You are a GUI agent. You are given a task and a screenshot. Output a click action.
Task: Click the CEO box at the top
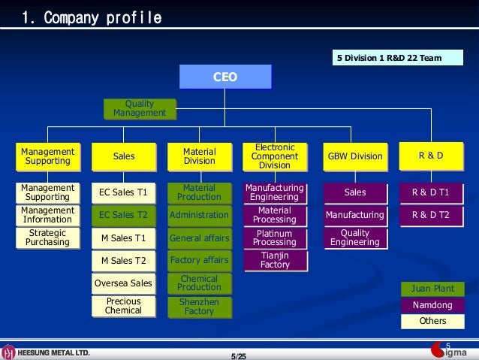tap(225, 77)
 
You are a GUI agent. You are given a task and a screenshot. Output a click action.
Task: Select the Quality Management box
tap(140, 109)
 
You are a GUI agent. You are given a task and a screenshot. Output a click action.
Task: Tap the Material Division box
tap(199, 156)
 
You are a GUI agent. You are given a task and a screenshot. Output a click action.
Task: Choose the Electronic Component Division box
tap(275, 156)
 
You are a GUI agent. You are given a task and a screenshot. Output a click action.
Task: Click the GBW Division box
tap(355, 156)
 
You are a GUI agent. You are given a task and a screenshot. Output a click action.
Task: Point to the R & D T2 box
tap(430, 216)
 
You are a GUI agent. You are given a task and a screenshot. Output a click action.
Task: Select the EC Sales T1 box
tap(123, 193)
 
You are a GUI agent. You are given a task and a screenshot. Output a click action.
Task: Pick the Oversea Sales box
tap(123, 283)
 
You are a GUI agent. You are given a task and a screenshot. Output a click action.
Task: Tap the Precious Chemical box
tap(123, 306)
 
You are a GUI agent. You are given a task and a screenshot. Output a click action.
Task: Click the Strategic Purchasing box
tap(47, 237)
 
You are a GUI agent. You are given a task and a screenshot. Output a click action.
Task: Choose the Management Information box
tap(47, 216)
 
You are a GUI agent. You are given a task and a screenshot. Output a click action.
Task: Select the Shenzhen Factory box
tap(199, 306)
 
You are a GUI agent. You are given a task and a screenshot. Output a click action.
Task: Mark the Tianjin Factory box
tap(275, 260)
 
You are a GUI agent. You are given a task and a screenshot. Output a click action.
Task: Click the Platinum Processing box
tap(275, 237)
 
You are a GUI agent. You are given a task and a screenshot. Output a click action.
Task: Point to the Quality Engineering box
tap(355, 237)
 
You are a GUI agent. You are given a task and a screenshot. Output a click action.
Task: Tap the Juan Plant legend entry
tap(432, 289)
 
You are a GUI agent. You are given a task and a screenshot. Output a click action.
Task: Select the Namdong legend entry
tap(432, 305)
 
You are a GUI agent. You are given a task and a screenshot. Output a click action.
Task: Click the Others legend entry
tap(432, 321)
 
